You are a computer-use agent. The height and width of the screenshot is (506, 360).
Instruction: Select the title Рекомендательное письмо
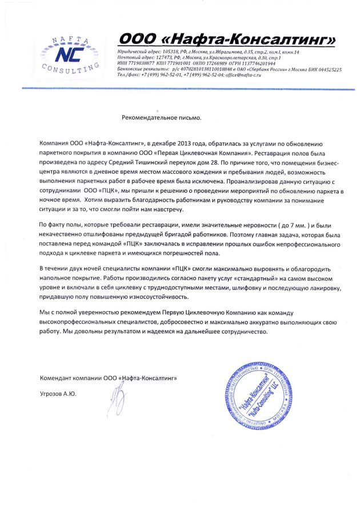162,118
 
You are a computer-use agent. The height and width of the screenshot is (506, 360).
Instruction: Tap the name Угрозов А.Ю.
58,394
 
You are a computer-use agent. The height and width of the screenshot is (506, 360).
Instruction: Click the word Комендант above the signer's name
58,378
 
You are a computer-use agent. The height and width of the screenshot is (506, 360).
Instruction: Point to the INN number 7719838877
139,63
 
